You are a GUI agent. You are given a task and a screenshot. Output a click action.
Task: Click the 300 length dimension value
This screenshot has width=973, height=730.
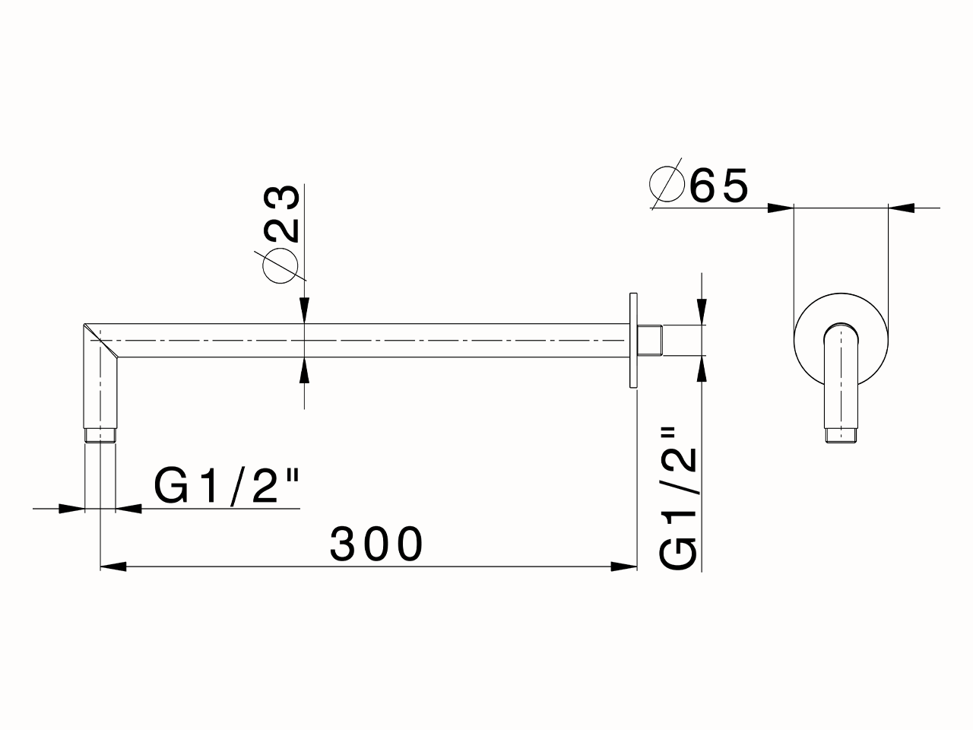(376, 544)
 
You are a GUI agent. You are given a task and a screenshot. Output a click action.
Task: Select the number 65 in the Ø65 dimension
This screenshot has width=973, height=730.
(719, 186)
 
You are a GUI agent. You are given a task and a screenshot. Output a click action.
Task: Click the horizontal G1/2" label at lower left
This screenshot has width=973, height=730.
(227, 487)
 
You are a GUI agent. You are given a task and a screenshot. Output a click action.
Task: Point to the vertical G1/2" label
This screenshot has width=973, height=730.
(679, 498)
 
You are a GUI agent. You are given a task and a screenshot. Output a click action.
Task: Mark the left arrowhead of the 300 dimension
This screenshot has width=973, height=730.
(113, 566)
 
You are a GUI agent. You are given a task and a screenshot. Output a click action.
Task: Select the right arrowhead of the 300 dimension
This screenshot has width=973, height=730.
(624, 566)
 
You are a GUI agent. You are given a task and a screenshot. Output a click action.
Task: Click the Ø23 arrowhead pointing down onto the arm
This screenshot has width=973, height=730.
(304, 311)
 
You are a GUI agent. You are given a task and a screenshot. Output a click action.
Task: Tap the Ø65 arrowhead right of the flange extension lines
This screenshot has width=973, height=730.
(902, 207)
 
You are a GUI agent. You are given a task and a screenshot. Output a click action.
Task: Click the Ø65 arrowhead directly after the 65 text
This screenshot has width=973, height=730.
(780, 207)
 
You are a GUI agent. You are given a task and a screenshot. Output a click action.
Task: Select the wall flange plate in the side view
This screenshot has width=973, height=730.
(632, 341)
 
